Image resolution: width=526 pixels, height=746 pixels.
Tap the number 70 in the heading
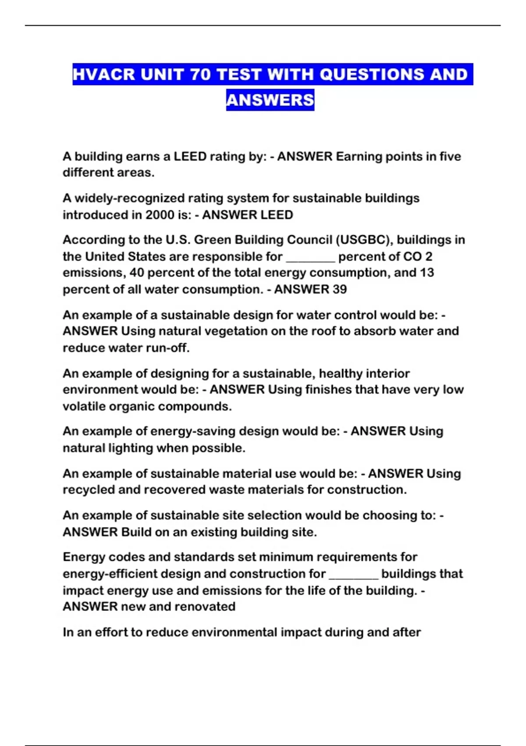[x=200, y=75]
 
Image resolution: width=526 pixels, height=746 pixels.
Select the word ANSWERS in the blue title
[x=270, y=100]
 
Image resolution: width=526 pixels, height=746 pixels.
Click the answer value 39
[x=340, y=290]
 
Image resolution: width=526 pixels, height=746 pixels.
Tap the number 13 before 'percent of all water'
[x=426, y=273]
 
